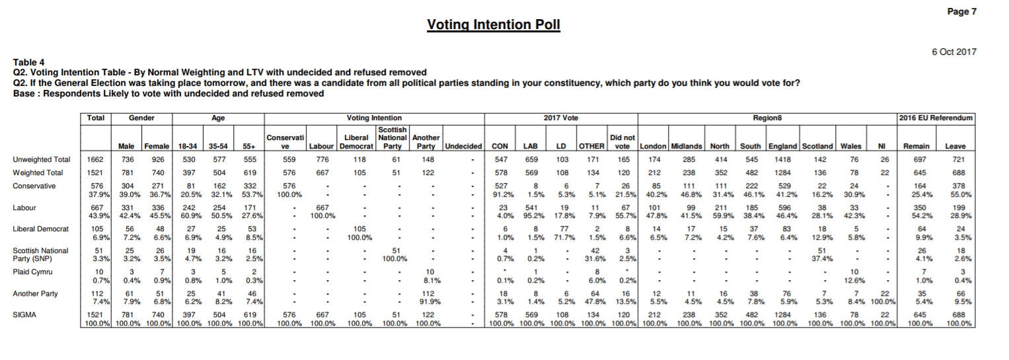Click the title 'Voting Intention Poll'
pyautogui.click(x=493, y=24)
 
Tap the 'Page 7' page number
pyautogui.click(x=961, y=12)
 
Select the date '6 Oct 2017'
pyautogui.click(x=954, y=52)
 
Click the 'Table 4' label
pyautogui.click(x=29, y=62)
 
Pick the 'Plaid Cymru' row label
pyautogui.click(x=32, y=271)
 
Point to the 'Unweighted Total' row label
pyautogui.click(x=42, y=159)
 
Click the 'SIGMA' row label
pyautogui.click(x=24, y=314)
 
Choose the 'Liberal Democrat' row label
pyautogui.click(x=40, y=229)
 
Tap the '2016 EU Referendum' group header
pyautogui.click(x=936, y=118)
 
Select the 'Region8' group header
pyautogui.click(x=767, y=118)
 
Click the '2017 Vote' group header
pyautogui.click(x=561, y=118)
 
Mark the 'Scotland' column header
pyautogui.click(x=817, y=146)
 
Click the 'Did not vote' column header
pyautogui.click(x=622, y=141)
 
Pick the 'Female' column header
pyautogui.click(x=157, y=146)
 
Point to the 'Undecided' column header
pyautogui.click(x=463, y=146)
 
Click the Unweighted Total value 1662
pyautogui.click(x=95, y=159)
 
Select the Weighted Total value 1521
pyautogui.click(x=95, y=172)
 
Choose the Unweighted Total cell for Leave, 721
pyautogui.click(x=959, y=159)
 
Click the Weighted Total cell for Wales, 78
pyautogui.click(x=854, y=172)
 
